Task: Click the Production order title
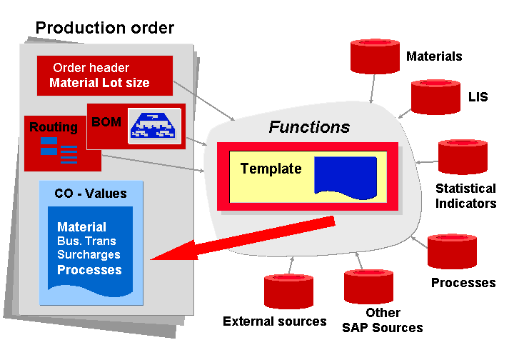(105, 28)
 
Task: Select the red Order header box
(105, 75)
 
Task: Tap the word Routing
(54, 128)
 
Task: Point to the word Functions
(309, 127)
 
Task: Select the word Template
(271, 169)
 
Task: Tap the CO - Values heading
(91, 193)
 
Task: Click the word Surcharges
(89, 255)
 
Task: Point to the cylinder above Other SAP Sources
(368, 286)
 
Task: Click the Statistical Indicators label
(465, 196)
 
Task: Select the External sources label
(275, 321)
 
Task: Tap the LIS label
(478, 96)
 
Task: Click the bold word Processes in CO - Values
(89, 270)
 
